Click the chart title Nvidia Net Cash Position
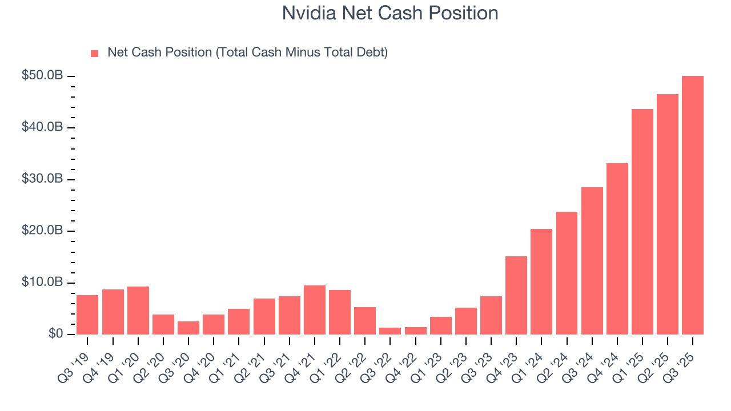click(390, 13)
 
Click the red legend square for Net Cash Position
click(95, 54)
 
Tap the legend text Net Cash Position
click(247, 53)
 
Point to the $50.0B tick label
click(42, 76)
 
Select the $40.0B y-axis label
click(42, 127)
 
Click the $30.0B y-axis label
click(42, 179)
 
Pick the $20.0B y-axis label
click(42, 231)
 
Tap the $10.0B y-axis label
click(42, 283)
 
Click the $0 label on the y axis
click(54, 334)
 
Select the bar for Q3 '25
click(692, 205)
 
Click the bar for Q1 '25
click(642, 221)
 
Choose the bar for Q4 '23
click(516, 295)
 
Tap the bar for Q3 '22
click(390, 331)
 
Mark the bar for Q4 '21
click(315, 309)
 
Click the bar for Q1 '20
click(138, 310)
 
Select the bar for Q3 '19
click(87, 315)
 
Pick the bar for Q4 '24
click(617, 248)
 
